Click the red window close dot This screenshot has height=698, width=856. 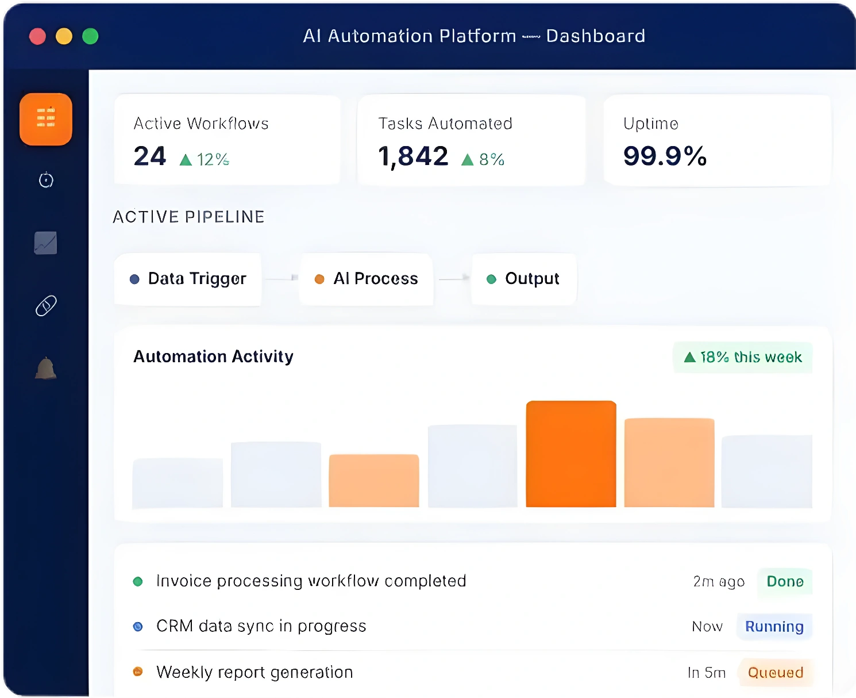[37, 36]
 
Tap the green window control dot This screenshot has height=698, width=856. [90, 36]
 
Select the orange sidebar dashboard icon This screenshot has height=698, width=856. [46, 119]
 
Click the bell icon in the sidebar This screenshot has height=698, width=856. [46, 368]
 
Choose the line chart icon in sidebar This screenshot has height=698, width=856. [45, 243]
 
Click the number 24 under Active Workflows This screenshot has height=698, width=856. [149, 156]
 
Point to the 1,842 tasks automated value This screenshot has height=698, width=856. [412, 156]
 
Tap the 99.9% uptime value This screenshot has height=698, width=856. [665, 156]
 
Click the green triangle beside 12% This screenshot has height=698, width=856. [186, 160]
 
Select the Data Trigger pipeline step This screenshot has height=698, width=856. [188, 279]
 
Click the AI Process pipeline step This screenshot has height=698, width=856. [366, 279]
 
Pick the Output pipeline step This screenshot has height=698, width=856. [523, 279]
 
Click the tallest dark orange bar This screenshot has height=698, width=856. [571, 454]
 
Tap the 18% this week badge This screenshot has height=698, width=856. [743, 357]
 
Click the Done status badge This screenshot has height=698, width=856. [785, 581]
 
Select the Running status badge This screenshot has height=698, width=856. [774, 627]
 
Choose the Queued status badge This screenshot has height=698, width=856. [775, 672]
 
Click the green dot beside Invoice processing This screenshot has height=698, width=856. [138, 581]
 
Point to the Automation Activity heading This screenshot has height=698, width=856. [213, 357]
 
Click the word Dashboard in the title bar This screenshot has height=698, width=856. [596, 36]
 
